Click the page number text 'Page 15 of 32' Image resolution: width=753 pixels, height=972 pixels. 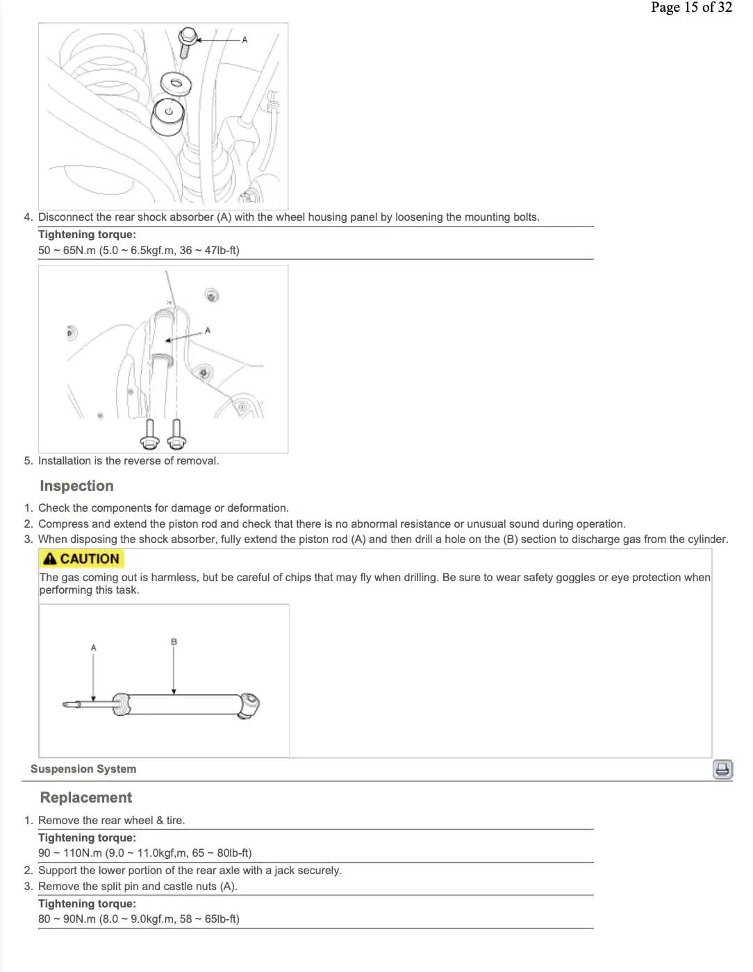(x=691, y=8)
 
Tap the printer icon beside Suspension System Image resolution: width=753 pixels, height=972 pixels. (x=722, y=769)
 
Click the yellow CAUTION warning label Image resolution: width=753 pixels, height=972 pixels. (x=81, y=559)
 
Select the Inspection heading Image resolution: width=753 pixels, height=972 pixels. (x=76, y=486)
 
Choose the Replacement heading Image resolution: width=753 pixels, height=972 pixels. (x=85, y=798)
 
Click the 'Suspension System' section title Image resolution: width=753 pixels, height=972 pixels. (x=83, y=769)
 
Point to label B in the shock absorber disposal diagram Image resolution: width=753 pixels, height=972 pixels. (x=174, y=642)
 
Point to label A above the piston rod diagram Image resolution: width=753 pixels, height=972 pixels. (x=94, y=648)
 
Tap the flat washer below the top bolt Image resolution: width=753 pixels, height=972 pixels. (x=176, y=83)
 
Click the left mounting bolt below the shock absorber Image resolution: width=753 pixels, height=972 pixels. (x=150, y=435)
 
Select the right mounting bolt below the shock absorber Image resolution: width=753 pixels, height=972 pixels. (x=176, y=435)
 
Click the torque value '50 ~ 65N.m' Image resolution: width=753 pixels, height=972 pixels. (x=67, y=251)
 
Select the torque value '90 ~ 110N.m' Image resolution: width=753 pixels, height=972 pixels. (x=69, y=853)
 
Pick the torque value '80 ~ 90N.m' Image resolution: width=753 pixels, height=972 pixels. (x=67, y=919)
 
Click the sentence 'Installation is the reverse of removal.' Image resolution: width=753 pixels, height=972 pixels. (x=128, y=461)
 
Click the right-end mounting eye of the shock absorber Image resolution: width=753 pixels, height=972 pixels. (x=249, y=705)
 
